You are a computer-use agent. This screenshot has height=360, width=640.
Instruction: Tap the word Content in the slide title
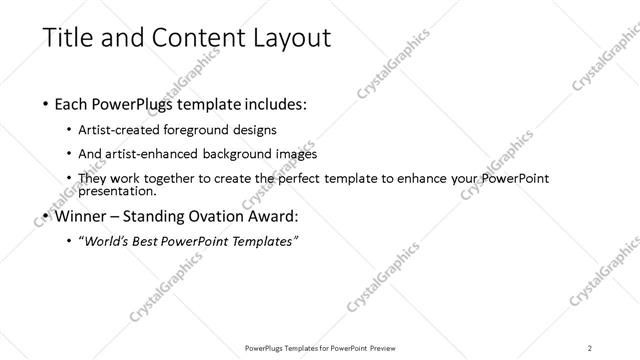[189, 39]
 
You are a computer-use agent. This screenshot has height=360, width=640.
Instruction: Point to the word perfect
[313, 178]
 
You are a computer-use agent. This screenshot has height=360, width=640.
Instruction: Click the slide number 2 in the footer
[590, 348]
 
